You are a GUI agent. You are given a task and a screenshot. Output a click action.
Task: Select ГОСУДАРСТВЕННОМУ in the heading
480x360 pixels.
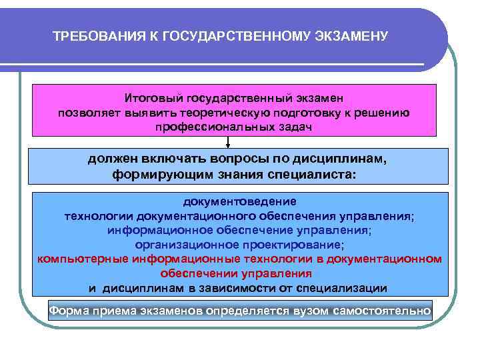(x=231, y=35)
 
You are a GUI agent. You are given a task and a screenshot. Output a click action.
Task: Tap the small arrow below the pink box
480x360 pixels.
(x=228, y=142)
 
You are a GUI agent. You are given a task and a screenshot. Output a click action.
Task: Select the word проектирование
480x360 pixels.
(x=296, y=245)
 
